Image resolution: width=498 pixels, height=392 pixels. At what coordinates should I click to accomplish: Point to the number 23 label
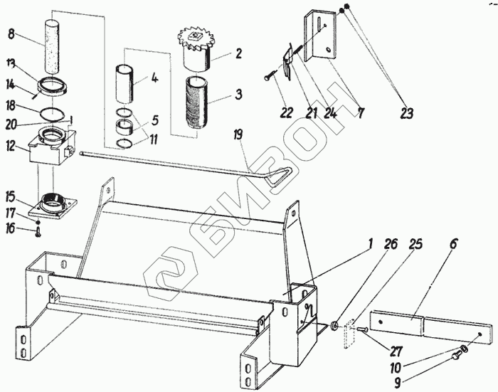pyautogui.click(x=406, y=113)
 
